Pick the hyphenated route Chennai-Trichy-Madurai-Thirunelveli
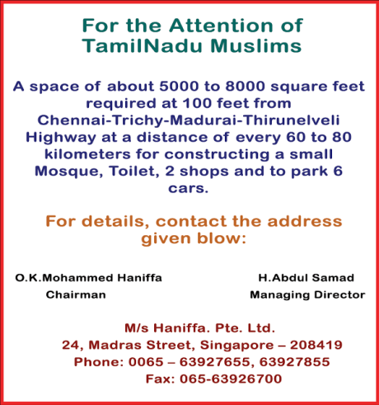(x=189, y=121)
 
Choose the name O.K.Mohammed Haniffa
(x=89, y=278)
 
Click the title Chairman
(x=76, y=294)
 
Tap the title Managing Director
(x=306, y=294)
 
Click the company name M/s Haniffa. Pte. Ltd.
(x=189, y=327)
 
